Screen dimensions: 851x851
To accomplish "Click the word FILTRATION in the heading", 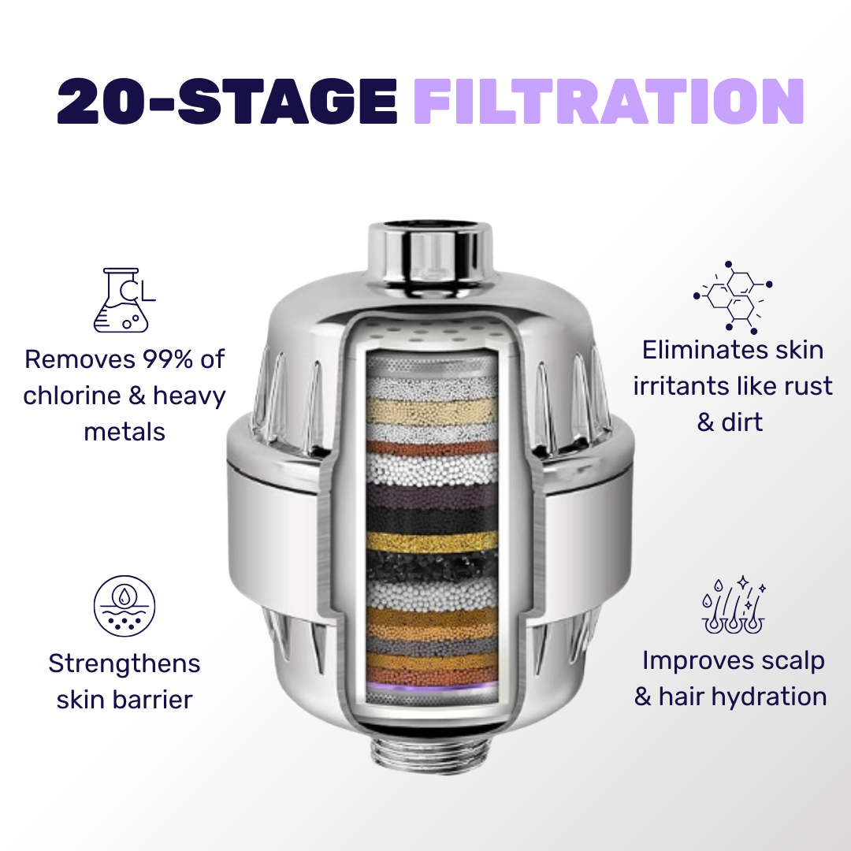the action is pyautogui.click(x=608, y=102).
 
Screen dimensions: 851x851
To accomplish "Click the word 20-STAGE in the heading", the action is pyautogui.click(x=227, y=102).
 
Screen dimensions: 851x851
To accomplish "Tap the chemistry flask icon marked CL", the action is pyautogui.click(x=124, y=300).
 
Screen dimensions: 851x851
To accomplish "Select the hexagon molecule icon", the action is pyautogui.click(x=733, y=297).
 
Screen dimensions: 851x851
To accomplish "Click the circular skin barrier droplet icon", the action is pyautogui.click(x=124, y=606).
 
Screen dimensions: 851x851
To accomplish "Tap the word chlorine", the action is pyautogui.click(x=72, y=396).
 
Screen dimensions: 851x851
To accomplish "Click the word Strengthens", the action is pyautogui.click(x=124, y=664).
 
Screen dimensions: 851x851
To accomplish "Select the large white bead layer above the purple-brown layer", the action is pyautogui.click(x=432, y=470).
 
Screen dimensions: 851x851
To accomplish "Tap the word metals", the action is pyautogui.click(x=124, y=433).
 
